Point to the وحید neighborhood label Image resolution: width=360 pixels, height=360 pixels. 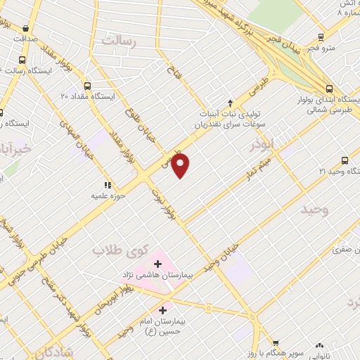click(x=314, y=210)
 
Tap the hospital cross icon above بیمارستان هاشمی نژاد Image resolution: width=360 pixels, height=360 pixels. click(x=157, y=263)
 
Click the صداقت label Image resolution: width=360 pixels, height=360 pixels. click(x=23, y=39)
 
